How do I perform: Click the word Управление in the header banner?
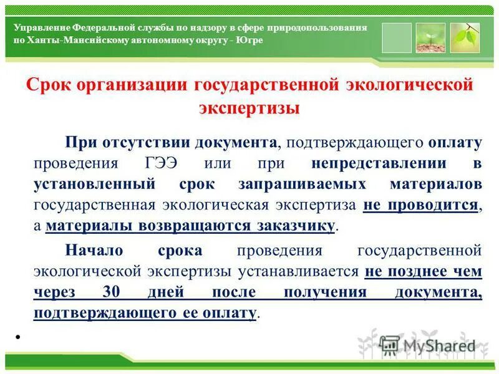[41, 28]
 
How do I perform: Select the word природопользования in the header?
[317, 28]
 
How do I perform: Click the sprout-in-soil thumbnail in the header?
[430, 38]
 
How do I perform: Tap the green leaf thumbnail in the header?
[465, 38]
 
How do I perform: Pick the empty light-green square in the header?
[397, 38]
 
